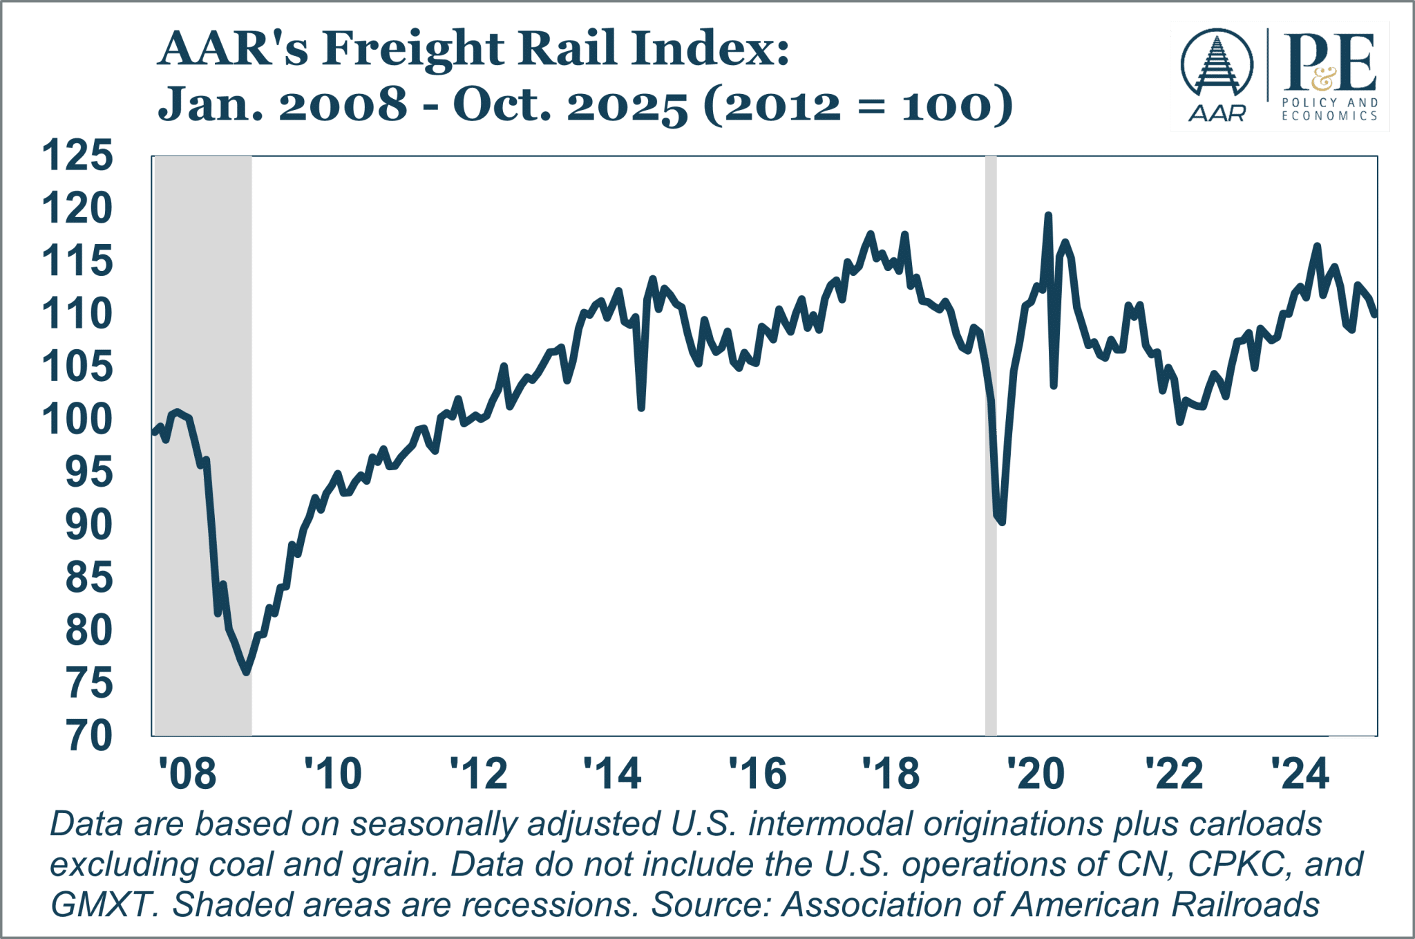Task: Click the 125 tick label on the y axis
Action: coord(77,156)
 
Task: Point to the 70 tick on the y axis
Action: coord(90,736)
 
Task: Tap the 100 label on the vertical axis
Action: coord(77,419)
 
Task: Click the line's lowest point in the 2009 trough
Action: coord(246,671)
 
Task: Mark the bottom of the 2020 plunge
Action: coord(1002,522)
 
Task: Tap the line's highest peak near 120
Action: coord(1047,215)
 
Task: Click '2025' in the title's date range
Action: coord(627,106)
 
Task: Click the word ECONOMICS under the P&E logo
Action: coord(1330,116)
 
